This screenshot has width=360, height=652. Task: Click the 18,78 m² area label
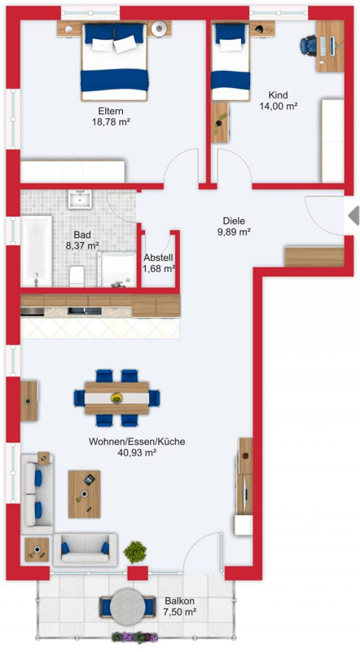111,121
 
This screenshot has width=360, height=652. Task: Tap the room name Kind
278,95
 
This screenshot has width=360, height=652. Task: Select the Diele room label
233,221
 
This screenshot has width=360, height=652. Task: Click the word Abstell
158,258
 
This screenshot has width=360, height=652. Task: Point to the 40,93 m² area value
137,453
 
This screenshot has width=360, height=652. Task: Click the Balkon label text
180,601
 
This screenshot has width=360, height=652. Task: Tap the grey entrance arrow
353,215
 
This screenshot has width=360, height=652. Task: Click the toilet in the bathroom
77,276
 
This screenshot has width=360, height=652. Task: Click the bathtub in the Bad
37,251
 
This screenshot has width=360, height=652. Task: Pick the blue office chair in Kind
310,46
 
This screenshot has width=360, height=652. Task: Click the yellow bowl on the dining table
116,398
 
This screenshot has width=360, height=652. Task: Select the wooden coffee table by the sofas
85,494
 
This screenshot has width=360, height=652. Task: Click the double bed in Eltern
115,62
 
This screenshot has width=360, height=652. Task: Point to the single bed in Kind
230,62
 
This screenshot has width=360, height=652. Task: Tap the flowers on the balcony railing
134,637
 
